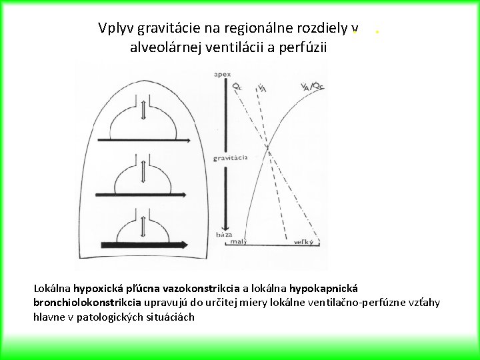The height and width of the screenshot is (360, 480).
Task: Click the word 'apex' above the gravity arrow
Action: (222, 74)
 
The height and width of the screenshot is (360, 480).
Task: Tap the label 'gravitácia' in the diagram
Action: (230, 158)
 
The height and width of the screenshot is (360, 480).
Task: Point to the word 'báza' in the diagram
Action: (224, 235)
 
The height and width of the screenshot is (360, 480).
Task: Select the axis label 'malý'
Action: (238, 242)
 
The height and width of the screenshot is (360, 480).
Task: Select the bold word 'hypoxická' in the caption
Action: (101, 289)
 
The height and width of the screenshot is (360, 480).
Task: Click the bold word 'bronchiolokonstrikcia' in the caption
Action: (91, 303)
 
